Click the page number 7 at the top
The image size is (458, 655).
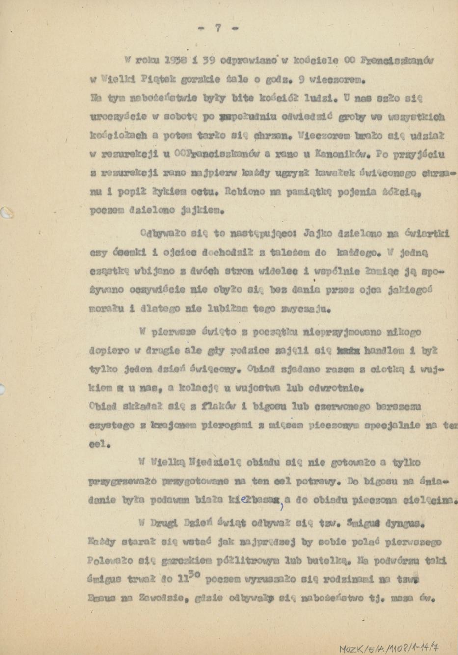click(x=218, y=28)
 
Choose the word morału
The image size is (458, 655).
click(x=105, y=309)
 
